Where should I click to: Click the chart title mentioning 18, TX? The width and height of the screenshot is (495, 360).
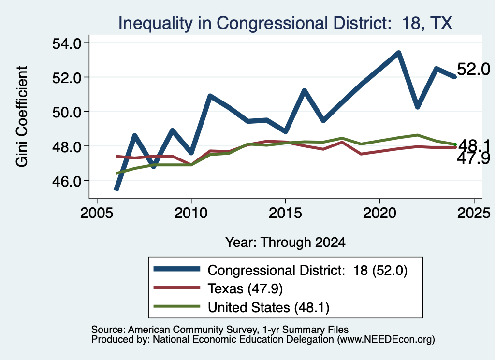pyautogui.click(x=285, y=23)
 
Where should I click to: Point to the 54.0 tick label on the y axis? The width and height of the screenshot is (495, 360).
pyautogui.click(x=67, y=43)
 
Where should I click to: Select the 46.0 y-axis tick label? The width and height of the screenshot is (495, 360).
pyautogui.click(x=67, y=181)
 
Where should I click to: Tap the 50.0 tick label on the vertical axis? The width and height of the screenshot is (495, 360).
pyautogui.click(x=67, y=112)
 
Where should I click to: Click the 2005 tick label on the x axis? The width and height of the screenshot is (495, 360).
pyautogui.click(x=97, y=213)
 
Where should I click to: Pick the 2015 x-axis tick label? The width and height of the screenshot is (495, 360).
pyautogui.click(x=285, y=213)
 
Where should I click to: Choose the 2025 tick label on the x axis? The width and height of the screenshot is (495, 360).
pyautogui.click(x=474, y=213)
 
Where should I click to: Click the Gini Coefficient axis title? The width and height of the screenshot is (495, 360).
pyautogui.click(x=22, y=116)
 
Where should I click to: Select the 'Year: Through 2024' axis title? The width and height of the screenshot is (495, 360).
pyautogui.click(x=285, y=242)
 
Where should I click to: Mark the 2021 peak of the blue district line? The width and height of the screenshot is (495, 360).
pyautogui.click(x=398, y=53)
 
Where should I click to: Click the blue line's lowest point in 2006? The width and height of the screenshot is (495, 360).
pyautogui.click(x=116, y=189)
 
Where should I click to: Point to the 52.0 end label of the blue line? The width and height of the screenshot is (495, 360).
pyautogui.click(x=473, y=69)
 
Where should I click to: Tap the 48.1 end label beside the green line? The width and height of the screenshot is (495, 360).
pyautogui.click(x=474, y=145)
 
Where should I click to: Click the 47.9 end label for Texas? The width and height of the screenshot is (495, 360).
pyautogui.click(x=473, y=158)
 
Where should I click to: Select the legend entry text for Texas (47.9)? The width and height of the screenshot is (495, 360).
pyautogui.click(x=245, y=288)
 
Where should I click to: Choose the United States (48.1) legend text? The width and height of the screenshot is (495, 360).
pyautogui.click(x=268, y=307)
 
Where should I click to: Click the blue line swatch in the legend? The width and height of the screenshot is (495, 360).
pyautogui.click(x=177, y=269)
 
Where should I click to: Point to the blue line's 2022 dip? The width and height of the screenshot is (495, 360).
pyautogui.click(x=417, y=107)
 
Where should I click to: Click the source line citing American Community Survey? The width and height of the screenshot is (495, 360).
pyautogui.click(x=220, y=330)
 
